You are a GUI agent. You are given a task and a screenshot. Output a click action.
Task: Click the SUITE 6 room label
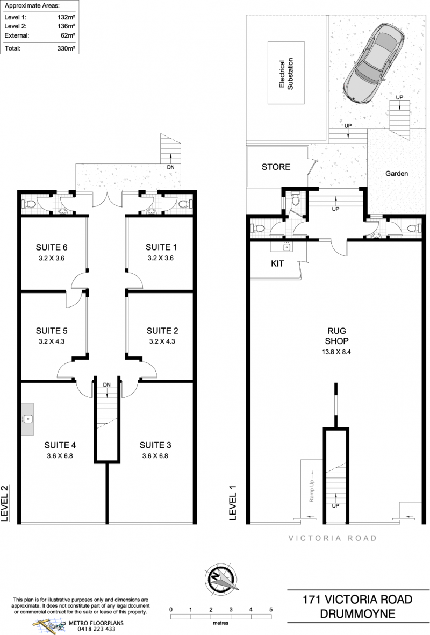point(52,247)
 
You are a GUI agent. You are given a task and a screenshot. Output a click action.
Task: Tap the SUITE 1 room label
point(161,247)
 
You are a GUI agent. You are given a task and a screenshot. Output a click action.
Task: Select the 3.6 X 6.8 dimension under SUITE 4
point(60,455)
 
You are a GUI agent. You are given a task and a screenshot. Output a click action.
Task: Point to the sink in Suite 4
point(27,419)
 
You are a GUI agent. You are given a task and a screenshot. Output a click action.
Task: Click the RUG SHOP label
point(337,336)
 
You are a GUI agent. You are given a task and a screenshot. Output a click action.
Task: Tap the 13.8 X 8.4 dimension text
point(336,352)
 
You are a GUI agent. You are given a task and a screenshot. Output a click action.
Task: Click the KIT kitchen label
point(277,263)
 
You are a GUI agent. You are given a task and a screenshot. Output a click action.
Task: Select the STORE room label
point(276,167)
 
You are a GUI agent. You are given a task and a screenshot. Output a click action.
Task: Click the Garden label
point(396,173)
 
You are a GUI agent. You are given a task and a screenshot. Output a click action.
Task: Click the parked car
point(373,62)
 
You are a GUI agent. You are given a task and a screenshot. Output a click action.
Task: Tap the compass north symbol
point(221,578)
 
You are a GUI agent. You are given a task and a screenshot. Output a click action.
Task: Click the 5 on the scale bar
point(271,610)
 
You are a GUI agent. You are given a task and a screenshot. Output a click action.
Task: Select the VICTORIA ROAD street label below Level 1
point(332,538)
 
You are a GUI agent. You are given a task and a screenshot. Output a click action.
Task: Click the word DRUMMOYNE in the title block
point(357,613)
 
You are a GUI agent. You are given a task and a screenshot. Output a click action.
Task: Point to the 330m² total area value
point(66,48)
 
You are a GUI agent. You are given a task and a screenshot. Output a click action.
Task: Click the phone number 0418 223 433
point(96,629)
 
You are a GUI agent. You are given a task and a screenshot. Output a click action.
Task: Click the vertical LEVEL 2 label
point(5,503)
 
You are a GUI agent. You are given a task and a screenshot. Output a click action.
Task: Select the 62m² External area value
point(68,35)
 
